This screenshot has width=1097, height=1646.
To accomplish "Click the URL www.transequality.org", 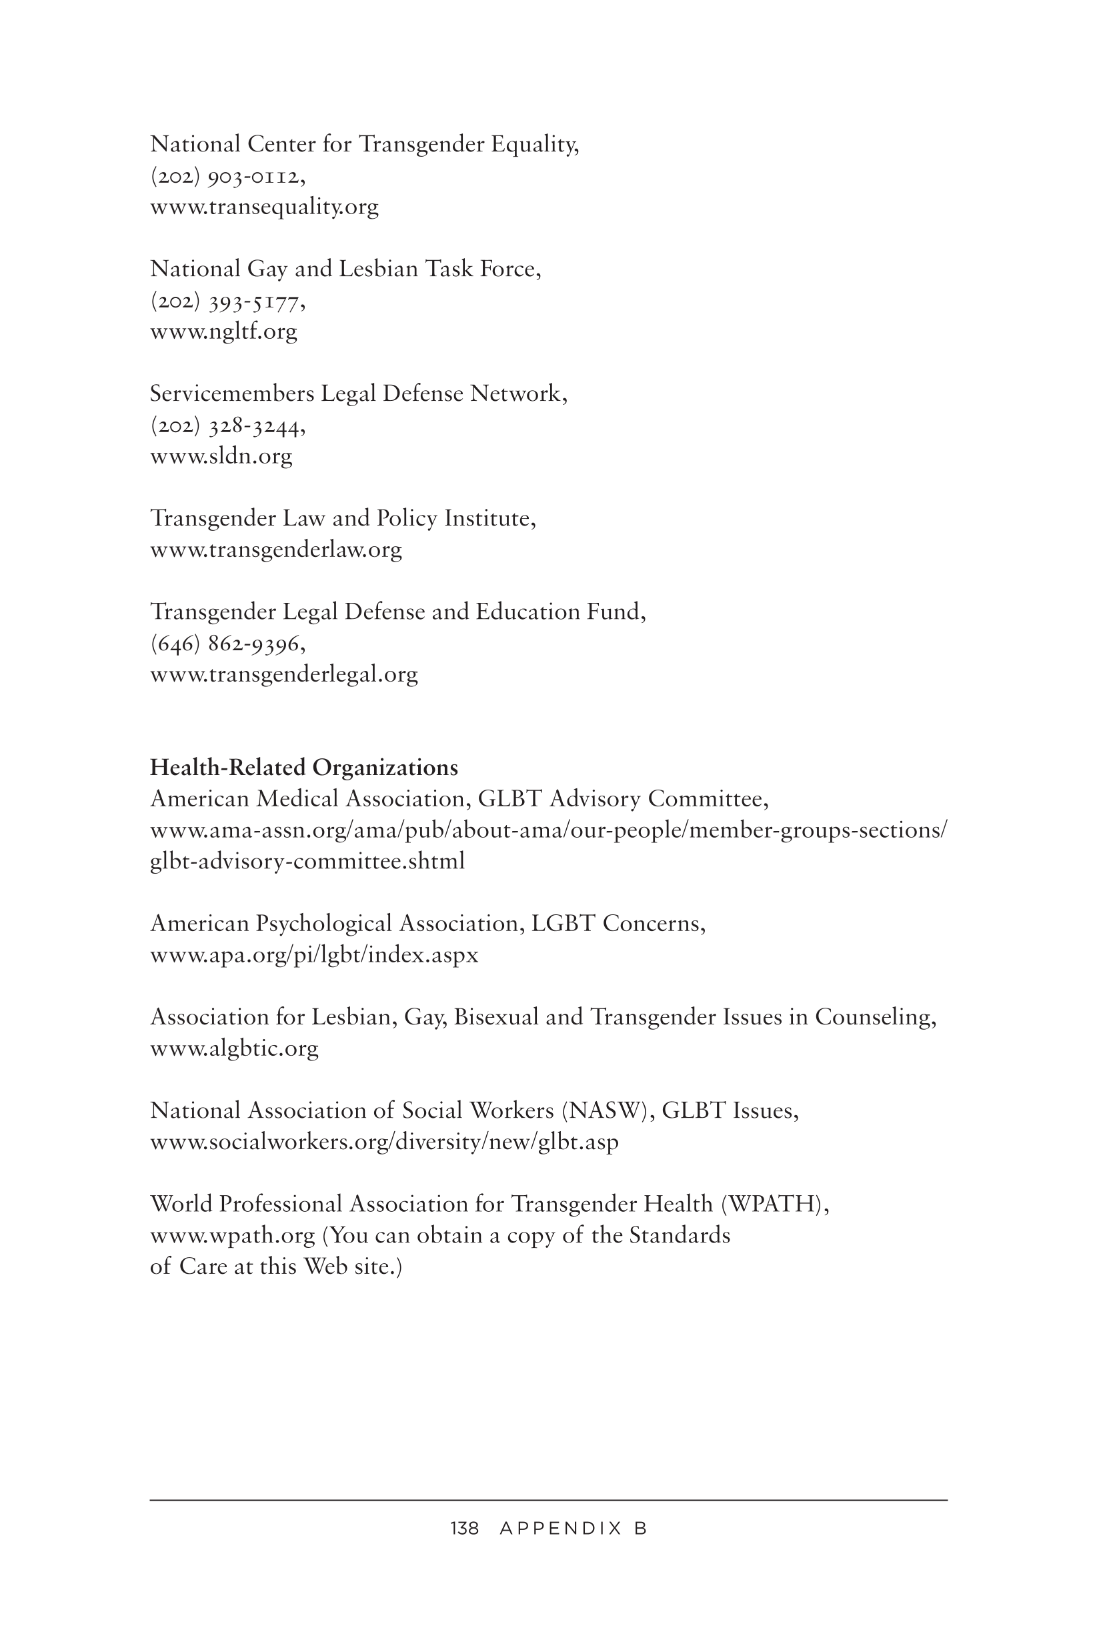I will point(265,207).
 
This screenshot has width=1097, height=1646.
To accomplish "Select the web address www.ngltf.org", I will point(223,331).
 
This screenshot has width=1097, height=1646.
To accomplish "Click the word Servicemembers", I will point(231,394).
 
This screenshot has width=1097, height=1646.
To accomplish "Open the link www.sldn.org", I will point(221,457).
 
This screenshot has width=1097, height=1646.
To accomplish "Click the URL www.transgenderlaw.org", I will point(275,550).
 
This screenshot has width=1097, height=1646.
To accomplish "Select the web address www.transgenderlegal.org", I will point(283,674).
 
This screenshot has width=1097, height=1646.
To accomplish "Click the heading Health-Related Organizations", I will point(303,768).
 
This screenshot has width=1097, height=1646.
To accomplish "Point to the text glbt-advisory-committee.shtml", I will point(307,861).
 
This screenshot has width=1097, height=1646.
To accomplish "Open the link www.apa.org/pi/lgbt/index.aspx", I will point(314,955).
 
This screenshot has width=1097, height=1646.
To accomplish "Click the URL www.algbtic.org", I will point(234,1048).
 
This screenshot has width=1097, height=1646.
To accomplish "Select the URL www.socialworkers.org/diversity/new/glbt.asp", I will point(384,1142).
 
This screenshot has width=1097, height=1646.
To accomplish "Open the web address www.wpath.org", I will point(232,1236).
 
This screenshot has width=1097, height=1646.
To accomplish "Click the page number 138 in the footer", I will point(465,1529).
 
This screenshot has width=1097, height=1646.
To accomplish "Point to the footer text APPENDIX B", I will point(574,1529).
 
